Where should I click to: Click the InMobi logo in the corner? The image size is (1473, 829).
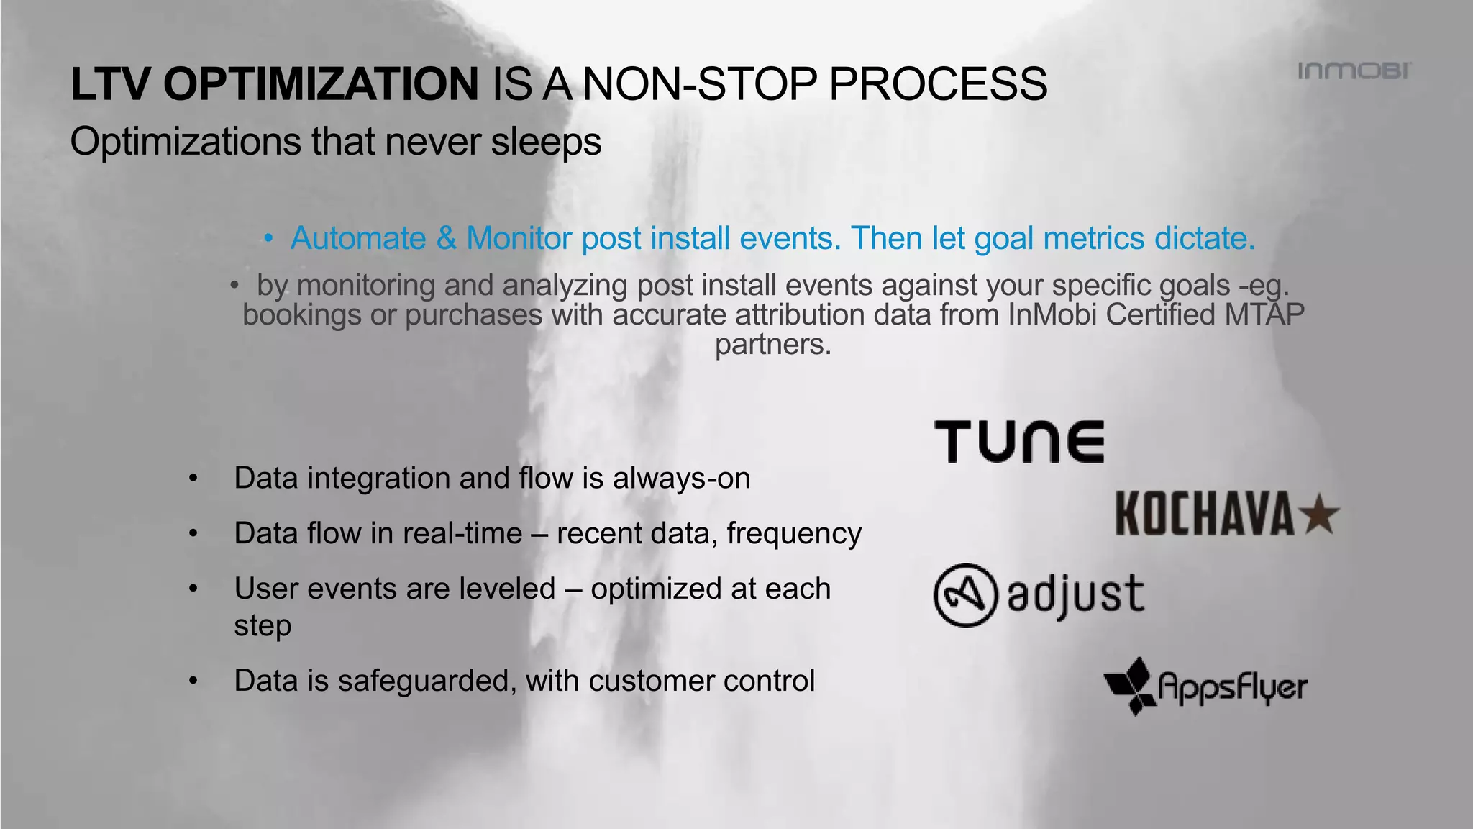tap(1354, 71)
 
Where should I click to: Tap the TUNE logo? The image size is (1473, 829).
tap(1019, 442)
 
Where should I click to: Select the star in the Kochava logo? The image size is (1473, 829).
tap(1321, 515)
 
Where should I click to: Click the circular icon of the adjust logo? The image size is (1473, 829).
tap(965, 595)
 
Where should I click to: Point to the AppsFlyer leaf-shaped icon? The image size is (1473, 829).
tap(1130, 686)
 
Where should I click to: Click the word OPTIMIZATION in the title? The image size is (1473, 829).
tap(320, 84)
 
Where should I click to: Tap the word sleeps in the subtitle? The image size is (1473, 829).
tap(546, 142)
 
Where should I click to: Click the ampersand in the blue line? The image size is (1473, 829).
tap(446, 238)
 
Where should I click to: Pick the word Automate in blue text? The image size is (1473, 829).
tap(358, 238)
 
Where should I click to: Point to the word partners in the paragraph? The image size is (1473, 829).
tap(772, 344)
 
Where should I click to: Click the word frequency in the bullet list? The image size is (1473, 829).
tap(794, 534)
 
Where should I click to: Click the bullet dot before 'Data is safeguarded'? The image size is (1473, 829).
tap(193, 681)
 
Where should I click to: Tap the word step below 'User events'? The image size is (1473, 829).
tap(263, 625)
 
